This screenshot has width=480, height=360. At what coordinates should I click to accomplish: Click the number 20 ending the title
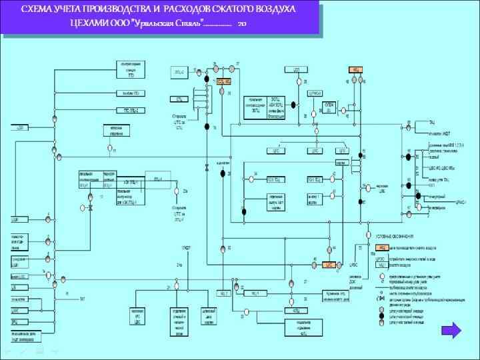[241, 24]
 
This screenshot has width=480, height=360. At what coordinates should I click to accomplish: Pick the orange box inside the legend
[383, 247]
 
